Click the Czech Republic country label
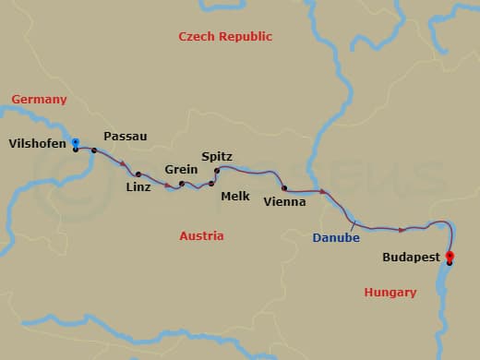pyautogui.click(x=225, y=37)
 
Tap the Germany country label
pyautogui.click(x=39, y=100)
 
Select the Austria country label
pyautogui.click(x=201, y=236)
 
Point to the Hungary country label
pyautogui.click(x=390, y=293)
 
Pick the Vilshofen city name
pyautogui.click(x=36, y=143)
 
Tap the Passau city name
pyautogui.click(x=126, y=137)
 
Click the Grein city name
pyautogui.click(x=181, y=170)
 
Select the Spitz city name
pyautogui.click(x=217, y=157)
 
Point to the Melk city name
pyautogui.click(x=234, y=196)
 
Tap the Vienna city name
pyautogui.click(x=284, y=201)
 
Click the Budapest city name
pyautogui.click(x=411, y=258)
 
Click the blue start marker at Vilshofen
pyautogui.click(x=76, y=142)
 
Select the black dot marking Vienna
pyautogui.click(x=284, y=187)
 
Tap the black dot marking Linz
pyautogui.click(x=138, y=174)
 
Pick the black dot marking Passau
pyautogui.click(x=94, y=150)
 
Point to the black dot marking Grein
pyautogui.click(x=182, y=184)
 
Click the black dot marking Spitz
pyautogui.click(x=217, y=171)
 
